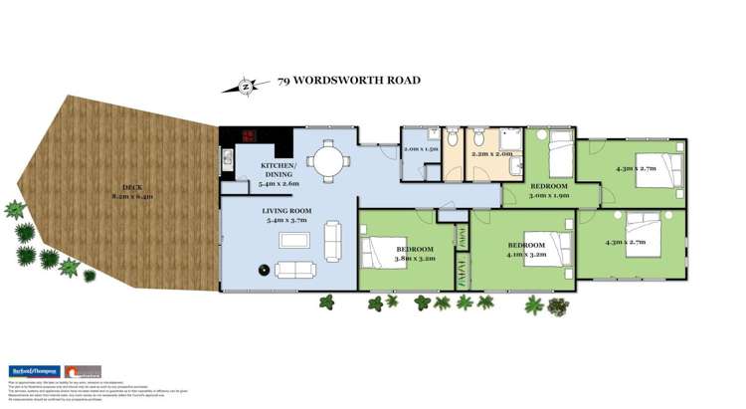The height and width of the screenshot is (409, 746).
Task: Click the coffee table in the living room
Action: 295,241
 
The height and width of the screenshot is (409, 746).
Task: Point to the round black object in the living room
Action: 264,269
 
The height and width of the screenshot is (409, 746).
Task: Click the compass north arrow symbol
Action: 248,86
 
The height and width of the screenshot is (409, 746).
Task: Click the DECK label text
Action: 131,187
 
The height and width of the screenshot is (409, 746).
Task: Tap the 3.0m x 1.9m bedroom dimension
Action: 548,196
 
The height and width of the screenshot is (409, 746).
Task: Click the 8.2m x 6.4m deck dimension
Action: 131,197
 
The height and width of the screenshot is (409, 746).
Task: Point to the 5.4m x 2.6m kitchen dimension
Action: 280,183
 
